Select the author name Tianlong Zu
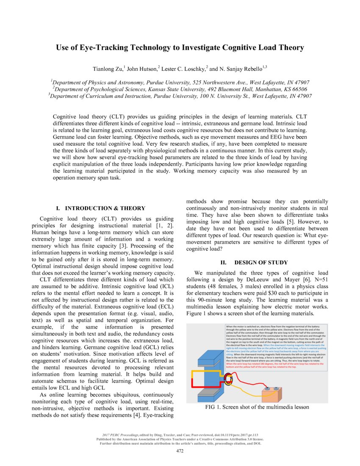(x=108, y=69)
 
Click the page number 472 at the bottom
(x=180, y=451)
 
